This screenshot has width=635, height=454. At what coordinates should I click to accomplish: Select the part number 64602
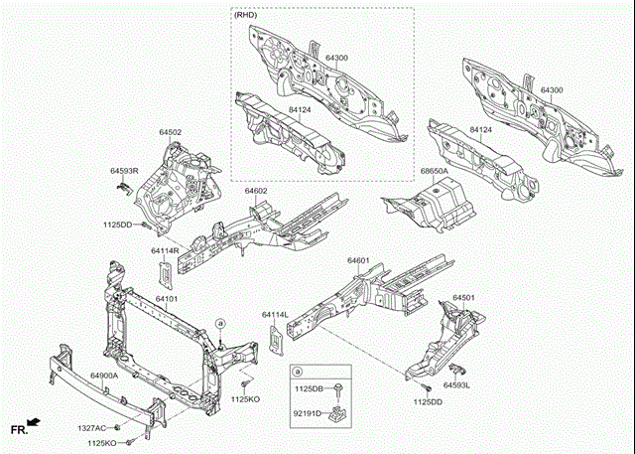coord(256,190)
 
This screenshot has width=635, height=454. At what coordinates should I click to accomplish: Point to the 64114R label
coord(165,250)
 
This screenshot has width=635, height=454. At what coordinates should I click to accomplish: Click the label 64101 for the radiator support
coord(166,298)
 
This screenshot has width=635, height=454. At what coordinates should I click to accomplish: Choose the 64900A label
coord(104,376)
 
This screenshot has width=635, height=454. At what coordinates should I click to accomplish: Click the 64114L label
coord(275,315)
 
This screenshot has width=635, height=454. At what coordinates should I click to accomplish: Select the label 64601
coord(358,260)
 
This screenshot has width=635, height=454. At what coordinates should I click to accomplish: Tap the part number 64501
coord(464,297)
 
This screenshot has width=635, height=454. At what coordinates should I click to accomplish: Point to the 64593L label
coord(456,384)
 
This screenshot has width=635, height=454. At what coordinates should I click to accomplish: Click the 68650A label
coord(434,171)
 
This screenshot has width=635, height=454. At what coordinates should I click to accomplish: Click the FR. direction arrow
coord(34,423)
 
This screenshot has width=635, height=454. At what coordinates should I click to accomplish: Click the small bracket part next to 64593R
coord(122,186)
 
